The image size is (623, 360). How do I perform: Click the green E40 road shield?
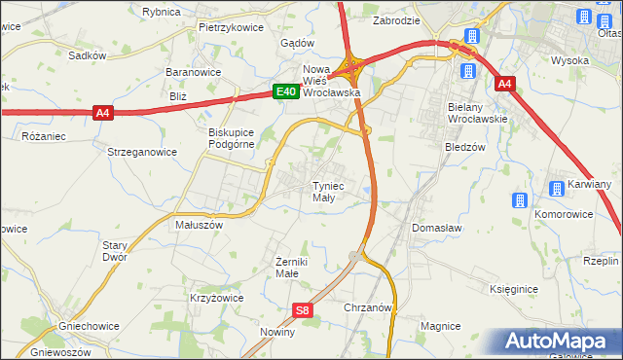pos(284,91)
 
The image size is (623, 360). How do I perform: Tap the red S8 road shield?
pos(303,310)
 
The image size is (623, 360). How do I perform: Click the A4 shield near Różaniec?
pos(104,114)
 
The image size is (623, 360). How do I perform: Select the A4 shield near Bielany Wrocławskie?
pos(503,85)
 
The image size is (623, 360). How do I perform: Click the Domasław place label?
pos(436,227)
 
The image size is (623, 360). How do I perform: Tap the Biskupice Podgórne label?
pos(232,138)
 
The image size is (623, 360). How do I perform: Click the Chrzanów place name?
pos(368,306)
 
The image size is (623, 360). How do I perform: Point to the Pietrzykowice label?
pos(231,27)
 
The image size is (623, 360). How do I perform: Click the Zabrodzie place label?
pos(396,19)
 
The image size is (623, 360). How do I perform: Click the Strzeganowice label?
pos(142,152)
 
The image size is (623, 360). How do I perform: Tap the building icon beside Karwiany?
pos(556,187)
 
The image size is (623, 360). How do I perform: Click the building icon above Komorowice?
pos(518,200)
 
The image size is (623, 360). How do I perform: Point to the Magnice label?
pos(440,326)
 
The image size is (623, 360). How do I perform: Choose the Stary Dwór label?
pos(115,252)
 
